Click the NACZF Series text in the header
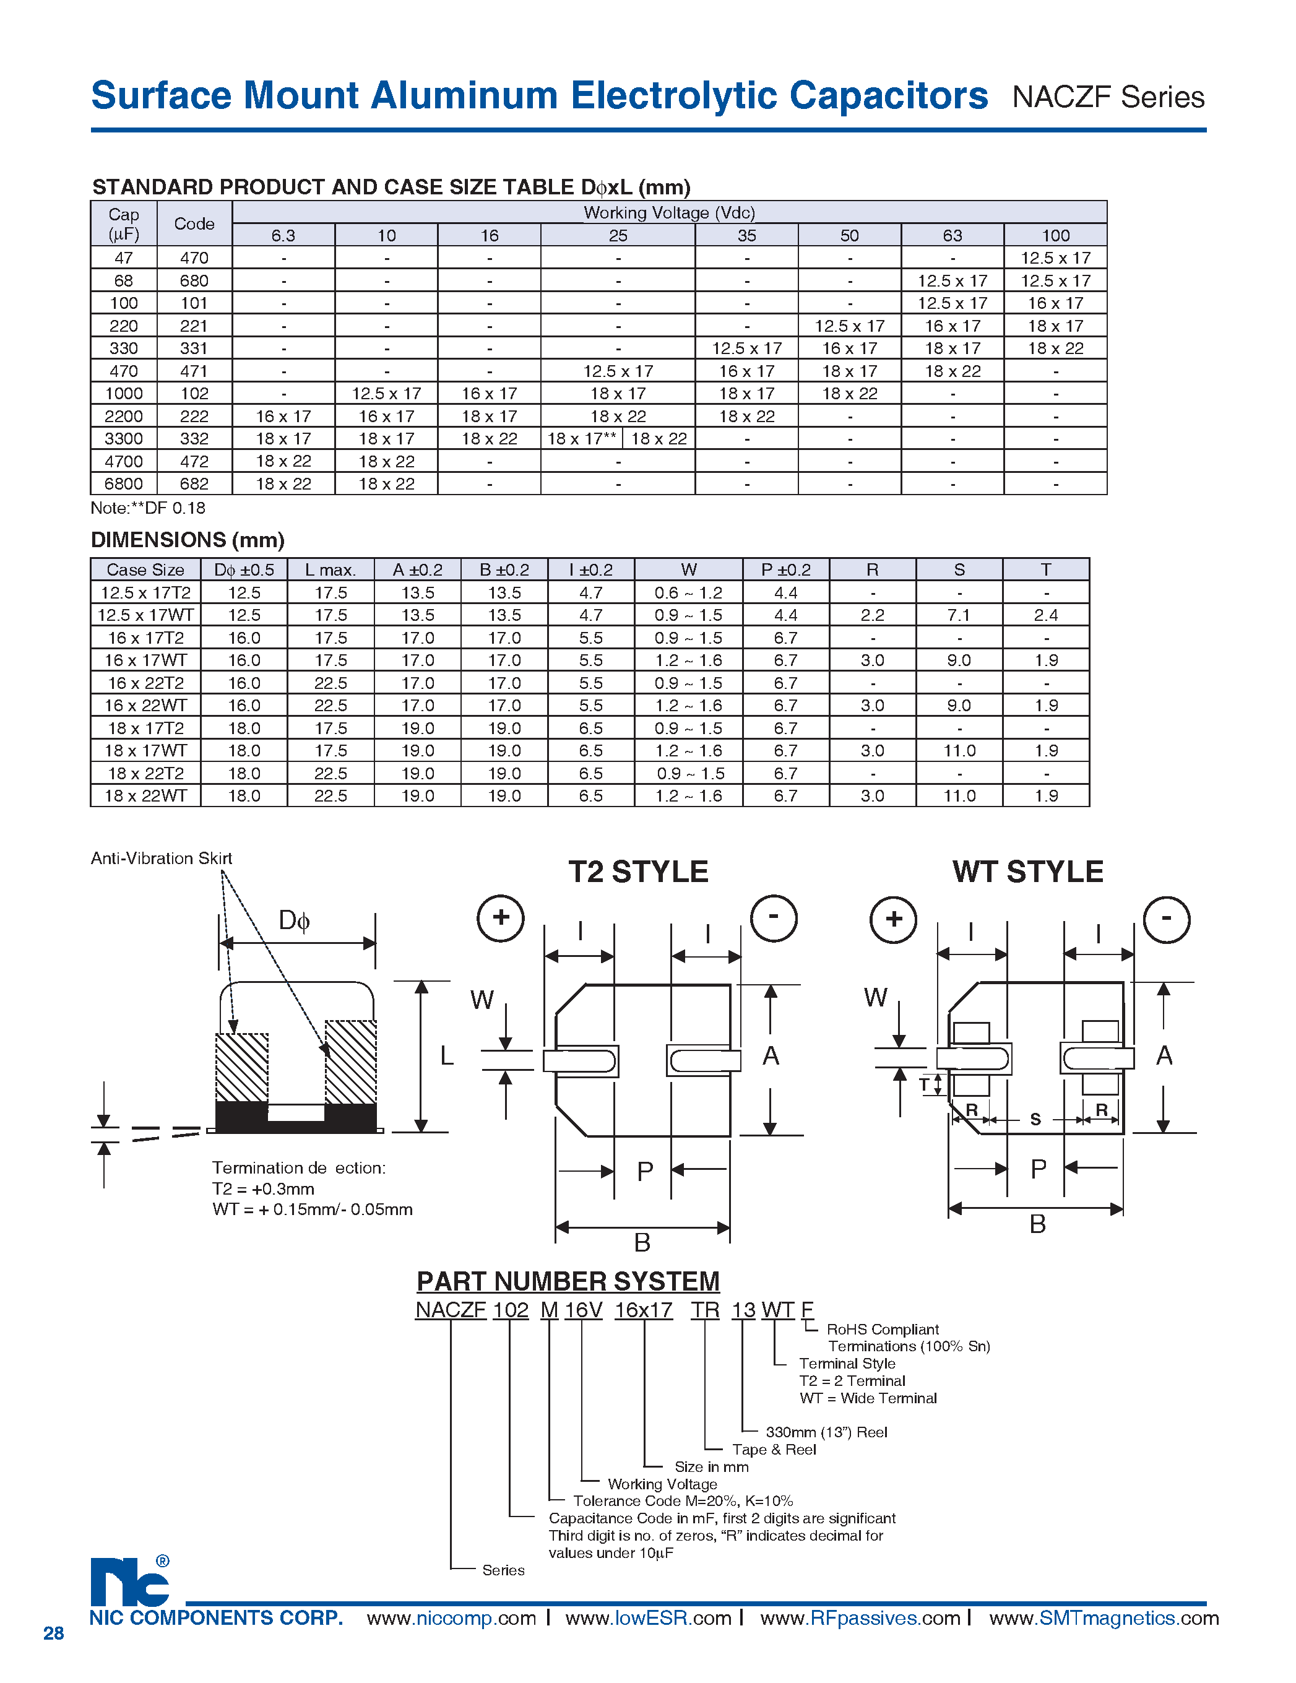[1107, 98]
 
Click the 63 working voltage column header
[952, 236]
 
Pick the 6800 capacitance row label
[123, 484]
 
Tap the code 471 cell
[194, 371]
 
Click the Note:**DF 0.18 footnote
[148, 508]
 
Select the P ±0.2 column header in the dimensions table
[785, 570]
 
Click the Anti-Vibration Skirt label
[161, 859]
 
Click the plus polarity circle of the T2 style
[501, 918]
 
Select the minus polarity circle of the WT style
[1166, 919]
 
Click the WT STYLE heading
[1027, 872]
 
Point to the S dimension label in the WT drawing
[1035, 1119]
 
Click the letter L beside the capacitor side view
[447, 1056]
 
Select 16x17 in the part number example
[644, 1310]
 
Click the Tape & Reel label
[774, 1450]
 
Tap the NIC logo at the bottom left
[129, 1582]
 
